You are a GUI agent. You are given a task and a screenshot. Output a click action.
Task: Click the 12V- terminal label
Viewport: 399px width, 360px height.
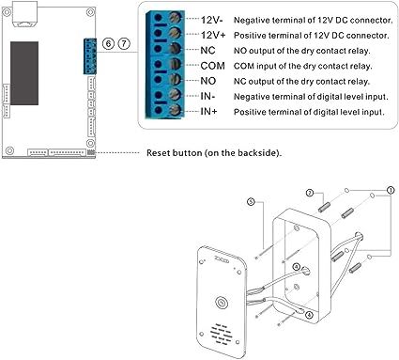[x=212, y=20]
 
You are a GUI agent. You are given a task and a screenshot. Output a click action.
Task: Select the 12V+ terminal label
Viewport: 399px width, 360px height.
[x=213, y=35]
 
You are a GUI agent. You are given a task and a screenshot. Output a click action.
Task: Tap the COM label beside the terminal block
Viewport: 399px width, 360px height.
[x=212, y=66]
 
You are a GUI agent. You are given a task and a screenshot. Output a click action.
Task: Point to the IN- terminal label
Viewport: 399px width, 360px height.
[x=207, y=96]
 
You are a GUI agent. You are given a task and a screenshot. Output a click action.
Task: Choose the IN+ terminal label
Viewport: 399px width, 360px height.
[x=208, y=111]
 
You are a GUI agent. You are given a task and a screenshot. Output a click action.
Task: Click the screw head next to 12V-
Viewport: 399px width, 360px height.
[x=175, y=18]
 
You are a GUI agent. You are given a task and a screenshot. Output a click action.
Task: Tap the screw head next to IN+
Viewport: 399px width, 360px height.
[x=175, y=110]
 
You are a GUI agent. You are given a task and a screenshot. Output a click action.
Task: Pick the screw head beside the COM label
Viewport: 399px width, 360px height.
[x=175, y=64]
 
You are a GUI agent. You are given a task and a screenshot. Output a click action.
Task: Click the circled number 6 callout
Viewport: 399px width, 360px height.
[x=108, y=43]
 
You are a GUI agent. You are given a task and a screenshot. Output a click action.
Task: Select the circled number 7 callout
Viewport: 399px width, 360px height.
[x=124, y=43]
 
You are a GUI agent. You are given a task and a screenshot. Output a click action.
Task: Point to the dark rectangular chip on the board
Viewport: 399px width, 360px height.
[x=24, y=73]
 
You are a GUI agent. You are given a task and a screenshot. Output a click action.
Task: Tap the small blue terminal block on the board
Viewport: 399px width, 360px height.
[x=89, y=56]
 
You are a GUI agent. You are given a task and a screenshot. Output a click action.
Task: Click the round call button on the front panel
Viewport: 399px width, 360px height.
[x=222, y=303]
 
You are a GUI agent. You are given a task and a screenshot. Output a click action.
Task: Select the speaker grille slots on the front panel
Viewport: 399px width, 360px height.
[x=222, y=334]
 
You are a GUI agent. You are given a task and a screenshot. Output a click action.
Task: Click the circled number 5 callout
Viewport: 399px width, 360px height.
[x=251, y=201]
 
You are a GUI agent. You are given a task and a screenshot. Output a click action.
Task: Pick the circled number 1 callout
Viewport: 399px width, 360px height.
[x=390, y=190]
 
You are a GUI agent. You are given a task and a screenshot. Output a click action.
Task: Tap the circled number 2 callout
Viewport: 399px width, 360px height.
[x=310, y=193]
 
